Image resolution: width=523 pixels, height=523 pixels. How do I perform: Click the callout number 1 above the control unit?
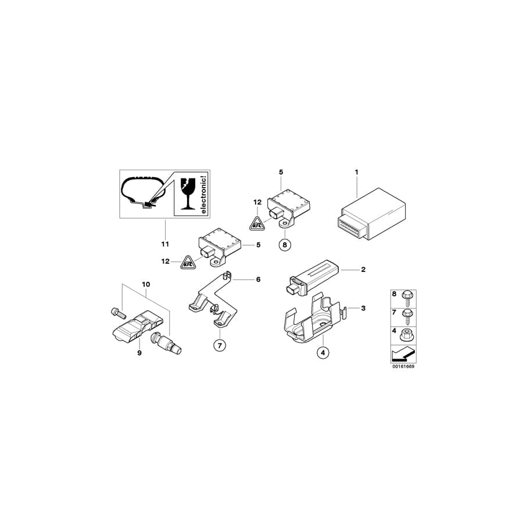[357, 172]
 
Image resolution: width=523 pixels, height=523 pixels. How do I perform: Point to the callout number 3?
[363, 308]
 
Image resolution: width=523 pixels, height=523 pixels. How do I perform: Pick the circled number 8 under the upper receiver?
[284, 245]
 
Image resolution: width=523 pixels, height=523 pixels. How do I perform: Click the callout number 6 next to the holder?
[258, 280]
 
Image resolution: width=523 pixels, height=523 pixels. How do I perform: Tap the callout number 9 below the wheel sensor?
[139, 353]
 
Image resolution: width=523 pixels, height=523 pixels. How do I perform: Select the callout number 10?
[145, 284]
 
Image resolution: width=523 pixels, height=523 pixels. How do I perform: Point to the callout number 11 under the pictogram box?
[164, 243]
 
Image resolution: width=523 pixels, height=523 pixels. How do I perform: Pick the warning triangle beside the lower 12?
[188, 263]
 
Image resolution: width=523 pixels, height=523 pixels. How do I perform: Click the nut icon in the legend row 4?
[405, 334]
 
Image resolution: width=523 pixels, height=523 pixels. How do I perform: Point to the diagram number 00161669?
[403, 367]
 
